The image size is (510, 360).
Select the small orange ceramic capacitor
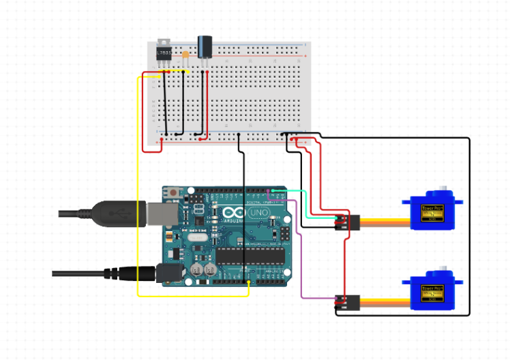pos(185,54)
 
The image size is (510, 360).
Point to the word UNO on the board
pos(257,213)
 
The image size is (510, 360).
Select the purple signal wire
pos(301,259)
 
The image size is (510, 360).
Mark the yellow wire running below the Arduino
pos(191,296)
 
